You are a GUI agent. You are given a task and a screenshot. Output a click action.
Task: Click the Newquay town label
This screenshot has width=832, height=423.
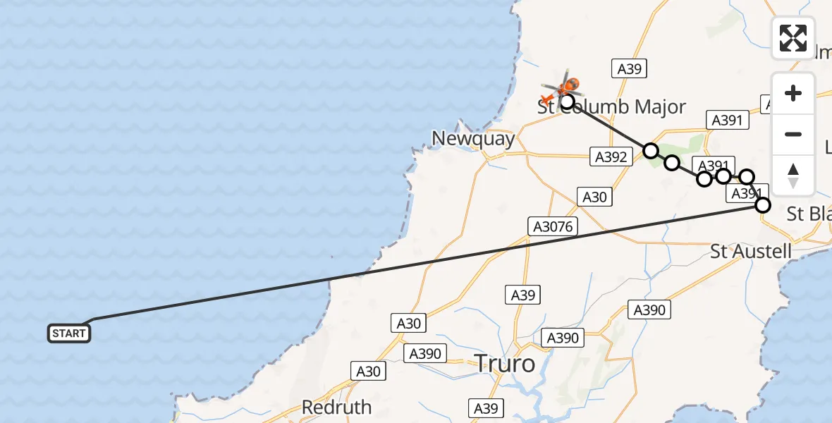click(474, 139)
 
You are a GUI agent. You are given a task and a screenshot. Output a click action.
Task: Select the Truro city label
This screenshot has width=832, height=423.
click(504, 364)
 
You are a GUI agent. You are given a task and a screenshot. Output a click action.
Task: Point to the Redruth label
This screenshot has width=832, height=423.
click(336, 407)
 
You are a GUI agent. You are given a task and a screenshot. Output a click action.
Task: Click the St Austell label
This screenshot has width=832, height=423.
click(751, 252)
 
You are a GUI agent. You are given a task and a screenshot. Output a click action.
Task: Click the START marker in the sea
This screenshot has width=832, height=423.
click(69, 333)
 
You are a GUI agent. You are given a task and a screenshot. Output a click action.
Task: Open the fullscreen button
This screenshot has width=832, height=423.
click(793, 38)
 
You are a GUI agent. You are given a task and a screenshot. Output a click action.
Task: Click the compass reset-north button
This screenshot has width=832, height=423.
click(793, 176)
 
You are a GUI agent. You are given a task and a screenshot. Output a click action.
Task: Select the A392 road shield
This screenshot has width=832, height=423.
click(611, 157)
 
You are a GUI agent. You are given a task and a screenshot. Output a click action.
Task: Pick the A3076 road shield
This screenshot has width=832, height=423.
click(553, 226)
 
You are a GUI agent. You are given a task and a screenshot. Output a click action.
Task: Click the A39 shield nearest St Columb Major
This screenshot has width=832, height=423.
click(629, 68)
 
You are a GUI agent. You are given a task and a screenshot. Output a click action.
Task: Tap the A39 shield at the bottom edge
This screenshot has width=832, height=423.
click(486, 407)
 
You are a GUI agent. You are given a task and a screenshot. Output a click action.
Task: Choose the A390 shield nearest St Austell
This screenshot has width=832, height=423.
click(649, 309)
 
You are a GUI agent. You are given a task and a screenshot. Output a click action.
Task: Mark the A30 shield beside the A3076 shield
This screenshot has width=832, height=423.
click(594, 197)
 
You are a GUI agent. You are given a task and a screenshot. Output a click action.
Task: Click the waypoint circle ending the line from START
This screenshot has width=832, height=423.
click(763, 205)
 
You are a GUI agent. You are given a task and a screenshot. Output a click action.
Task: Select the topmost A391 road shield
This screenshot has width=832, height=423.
click(727, 121)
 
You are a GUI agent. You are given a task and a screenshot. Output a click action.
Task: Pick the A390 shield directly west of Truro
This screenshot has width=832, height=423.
click(424, 354)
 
